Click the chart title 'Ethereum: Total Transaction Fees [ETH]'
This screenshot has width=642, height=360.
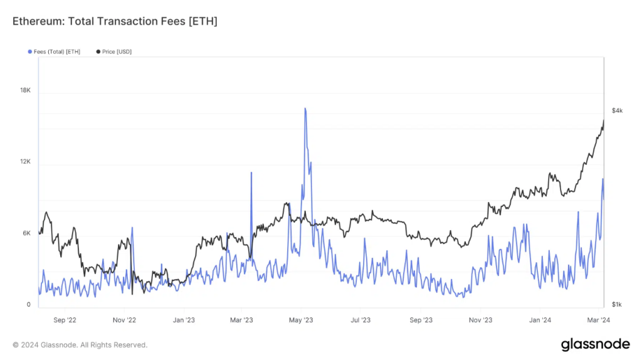[x=115, y=21]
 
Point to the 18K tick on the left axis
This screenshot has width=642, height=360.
[x=25, y=90]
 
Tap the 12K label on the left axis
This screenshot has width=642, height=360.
[x=25, y=162]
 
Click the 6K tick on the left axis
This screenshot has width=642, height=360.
[x=26, y=233]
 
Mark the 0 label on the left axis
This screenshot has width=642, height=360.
[x=28, y=305]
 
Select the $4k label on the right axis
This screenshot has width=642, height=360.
[x=617, y=110]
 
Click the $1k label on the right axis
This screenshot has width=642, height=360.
[x=617, y=305]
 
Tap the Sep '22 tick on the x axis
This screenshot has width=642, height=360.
[x=65, y=320]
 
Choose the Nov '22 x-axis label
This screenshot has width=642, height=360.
[x=124, y=320]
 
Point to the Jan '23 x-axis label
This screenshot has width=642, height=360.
[x=183, y=320]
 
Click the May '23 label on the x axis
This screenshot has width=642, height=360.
[x=301, y=320]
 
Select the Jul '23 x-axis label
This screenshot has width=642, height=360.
[x=360, y=320]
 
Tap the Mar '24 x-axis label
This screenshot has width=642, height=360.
[x=598, y=320]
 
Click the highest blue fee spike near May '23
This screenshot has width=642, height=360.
[x=305, y=109]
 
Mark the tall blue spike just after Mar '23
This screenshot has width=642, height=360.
[x=251, y=173]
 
